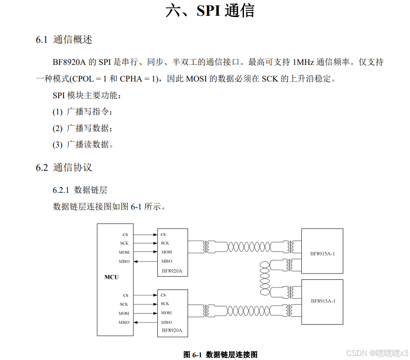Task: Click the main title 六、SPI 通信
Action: pyautogui.click(x=210, y=11)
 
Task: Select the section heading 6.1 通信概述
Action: pyautogui.click(x=64, y=40)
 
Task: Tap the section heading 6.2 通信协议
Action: pyautogui.click(x=64, y=168)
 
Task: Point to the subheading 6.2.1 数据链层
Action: pyautogui.click(x=80, y=190)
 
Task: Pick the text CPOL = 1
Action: pyautogui.click(x=89, y=79)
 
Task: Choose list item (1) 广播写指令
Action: pyautogui.click(x=82, y=112)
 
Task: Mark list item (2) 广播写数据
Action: pyautogui.click(x=82, y=128)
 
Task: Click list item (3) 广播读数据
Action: pyautogui.click(x=82, y=145)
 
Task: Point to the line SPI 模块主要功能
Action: pyautogui.click(x=87, y=95)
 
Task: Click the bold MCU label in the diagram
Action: pyautogui.click(x=111, y=277)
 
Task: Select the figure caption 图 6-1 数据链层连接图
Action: pyautogui.click(x=220, y=355)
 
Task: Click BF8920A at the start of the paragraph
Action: pyautogui.click(x=69, y=62)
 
